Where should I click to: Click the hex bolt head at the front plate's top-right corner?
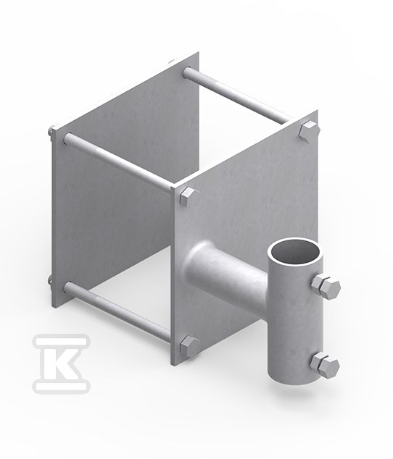[x=308, y=131]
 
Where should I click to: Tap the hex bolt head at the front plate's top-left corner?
[x=189, y=198]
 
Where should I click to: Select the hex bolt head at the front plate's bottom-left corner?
[x=189, y=346]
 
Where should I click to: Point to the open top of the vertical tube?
[x=295, y=253]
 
